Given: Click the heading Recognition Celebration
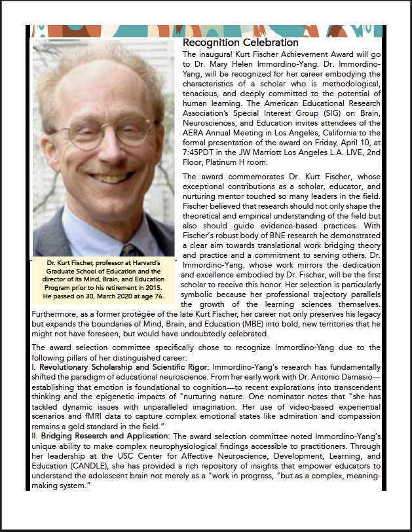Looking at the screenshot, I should click(x=232, y=43).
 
